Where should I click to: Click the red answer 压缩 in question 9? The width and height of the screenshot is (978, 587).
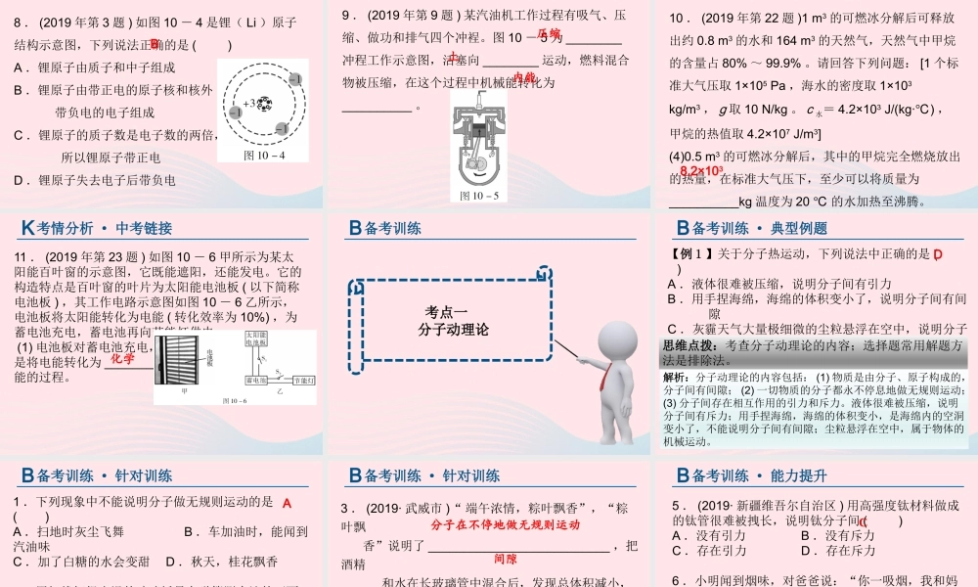pos(550,34)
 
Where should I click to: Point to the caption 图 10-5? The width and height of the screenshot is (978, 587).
pos(479,196)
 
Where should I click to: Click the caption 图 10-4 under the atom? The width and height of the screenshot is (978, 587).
pos(264,155)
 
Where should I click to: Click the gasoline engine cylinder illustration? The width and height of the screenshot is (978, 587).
pos(479,142)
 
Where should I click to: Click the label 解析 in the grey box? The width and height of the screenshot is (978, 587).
pos(676,377)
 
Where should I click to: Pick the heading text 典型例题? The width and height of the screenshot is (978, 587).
pos(799,228)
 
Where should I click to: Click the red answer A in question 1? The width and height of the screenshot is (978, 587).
pos(287,503)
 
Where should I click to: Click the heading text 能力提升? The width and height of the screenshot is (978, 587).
pos(799,476)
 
